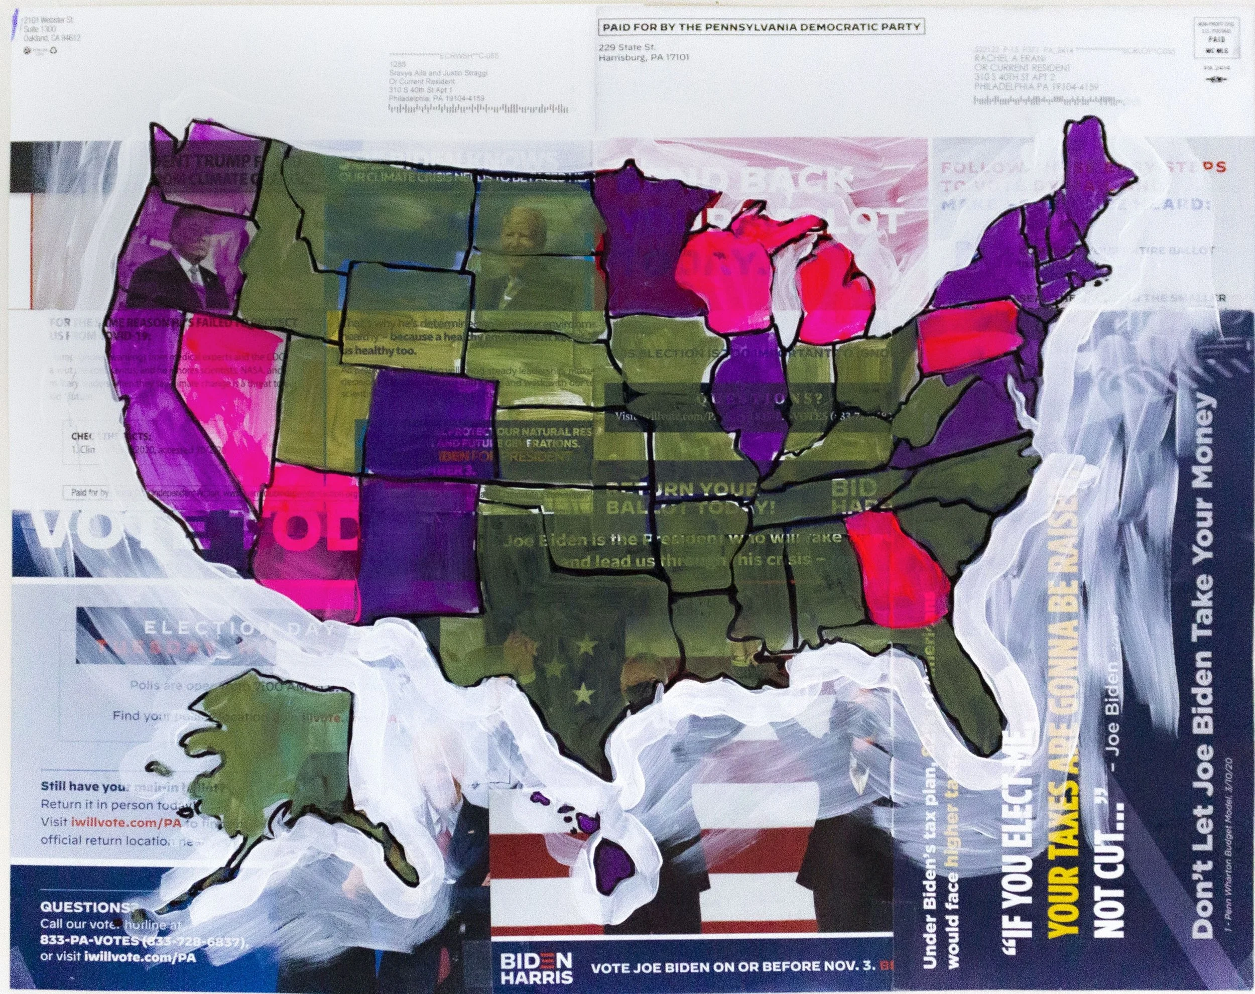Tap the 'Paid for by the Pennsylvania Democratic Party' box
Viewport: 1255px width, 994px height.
[762, 27]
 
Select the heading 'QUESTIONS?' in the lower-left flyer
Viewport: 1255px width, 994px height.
[85, 924]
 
